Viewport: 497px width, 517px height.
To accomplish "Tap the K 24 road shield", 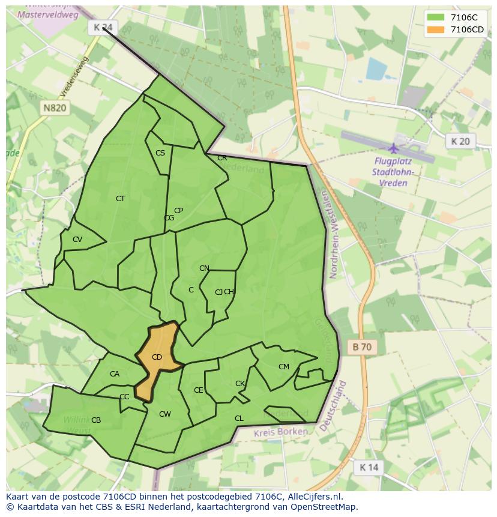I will [x=103, y=27].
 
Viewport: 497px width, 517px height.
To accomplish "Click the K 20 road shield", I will [x=460, y=141].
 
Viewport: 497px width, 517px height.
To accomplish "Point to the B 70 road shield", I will [x=362, y=346].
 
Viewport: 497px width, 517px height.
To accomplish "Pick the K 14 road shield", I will [x=369, y=467].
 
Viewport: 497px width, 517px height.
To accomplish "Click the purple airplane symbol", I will [x=394, y=148].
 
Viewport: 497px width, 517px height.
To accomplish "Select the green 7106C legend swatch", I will [x=436, y=17].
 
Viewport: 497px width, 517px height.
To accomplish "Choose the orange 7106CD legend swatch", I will [x=436, y=29].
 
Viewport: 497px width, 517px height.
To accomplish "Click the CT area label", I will [x=121, y=199].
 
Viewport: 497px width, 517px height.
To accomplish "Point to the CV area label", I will [x=77, y=240].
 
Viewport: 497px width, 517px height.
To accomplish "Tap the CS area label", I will [x=160, y=153].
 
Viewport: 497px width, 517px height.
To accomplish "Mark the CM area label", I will [x=284, y=367].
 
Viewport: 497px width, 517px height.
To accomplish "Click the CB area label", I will [x=96, y=420].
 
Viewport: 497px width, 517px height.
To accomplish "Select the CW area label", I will [x=165, y=414].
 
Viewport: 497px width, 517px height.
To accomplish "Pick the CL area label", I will [x=239, y=419].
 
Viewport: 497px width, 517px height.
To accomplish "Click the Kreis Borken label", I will [x=280, y=432].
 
